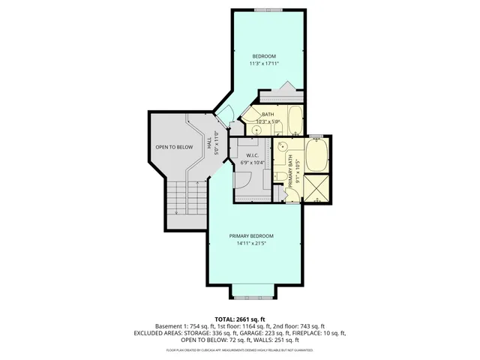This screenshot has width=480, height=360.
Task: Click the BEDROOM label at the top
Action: [264, 57]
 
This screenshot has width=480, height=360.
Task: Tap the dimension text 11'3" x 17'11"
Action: [264, 64]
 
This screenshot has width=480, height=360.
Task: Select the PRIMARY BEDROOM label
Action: [251, 236]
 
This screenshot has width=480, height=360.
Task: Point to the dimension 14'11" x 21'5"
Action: [251, 244]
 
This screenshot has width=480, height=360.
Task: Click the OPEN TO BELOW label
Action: [174, 147]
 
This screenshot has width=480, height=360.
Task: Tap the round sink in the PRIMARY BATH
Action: [283, 147]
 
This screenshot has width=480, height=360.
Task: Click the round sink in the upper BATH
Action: [257, 129]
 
